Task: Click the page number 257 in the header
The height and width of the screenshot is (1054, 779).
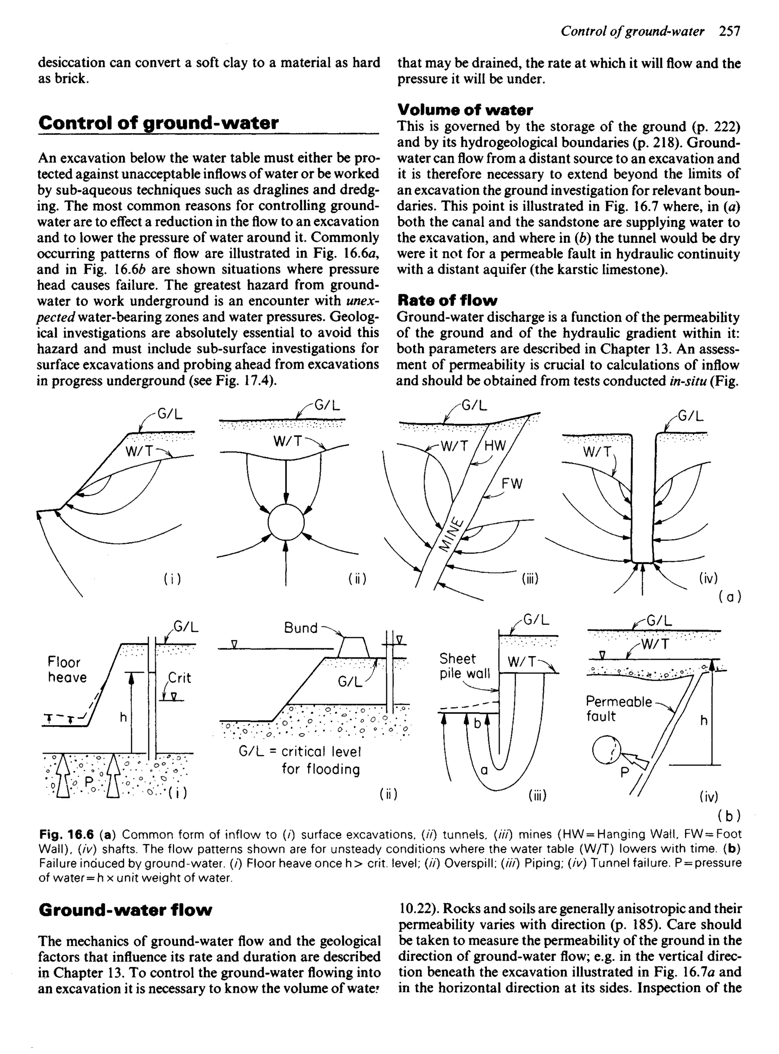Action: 730,32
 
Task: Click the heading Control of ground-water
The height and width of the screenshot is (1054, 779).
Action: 159,123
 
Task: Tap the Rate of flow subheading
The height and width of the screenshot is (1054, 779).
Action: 447,300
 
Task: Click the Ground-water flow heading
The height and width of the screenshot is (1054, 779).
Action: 126,910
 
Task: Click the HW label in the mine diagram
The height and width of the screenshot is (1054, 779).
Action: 494,446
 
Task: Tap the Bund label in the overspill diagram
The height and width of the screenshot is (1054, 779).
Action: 300,628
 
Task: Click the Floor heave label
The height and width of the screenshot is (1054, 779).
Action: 67,670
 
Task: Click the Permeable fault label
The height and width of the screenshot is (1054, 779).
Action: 618,709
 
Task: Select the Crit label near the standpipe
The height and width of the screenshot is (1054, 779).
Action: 180,678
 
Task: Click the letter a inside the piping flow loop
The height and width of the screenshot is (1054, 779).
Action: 483,771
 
